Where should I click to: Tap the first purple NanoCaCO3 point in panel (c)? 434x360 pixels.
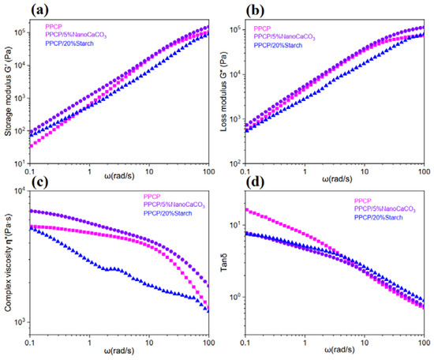50,211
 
